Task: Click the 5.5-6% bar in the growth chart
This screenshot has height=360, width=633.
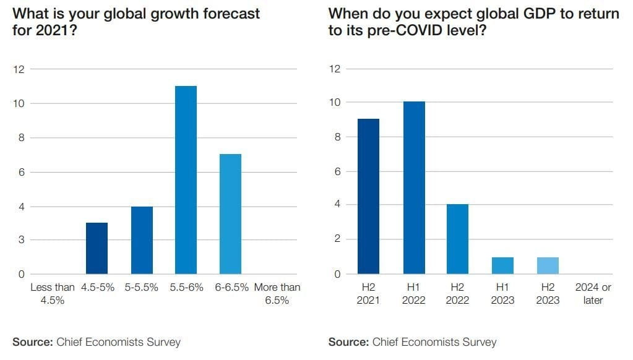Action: tap(186, 180)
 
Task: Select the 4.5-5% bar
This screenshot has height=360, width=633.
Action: tap(97, 248)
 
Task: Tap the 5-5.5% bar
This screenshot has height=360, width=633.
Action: tap(141, 240)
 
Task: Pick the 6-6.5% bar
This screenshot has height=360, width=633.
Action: tap(230, 214)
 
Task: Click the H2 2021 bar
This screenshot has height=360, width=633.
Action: tap(368, 196)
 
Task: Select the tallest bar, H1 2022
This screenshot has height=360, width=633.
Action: tap(414, 187)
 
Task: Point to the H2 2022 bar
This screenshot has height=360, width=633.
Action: tap(458, 239)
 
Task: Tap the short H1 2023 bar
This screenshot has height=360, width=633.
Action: tap(502, 265)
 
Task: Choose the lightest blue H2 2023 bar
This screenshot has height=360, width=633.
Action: tap(548, 265)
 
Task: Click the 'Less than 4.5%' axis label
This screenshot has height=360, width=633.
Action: tap(52, 294)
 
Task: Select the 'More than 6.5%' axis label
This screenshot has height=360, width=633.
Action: tap(277, 294)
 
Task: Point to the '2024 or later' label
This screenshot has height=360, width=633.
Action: tap(593, 294)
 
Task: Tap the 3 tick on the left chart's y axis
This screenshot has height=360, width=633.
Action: tap(21, 240)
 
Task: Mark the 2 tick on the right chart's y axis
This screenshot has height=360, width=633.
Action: tap(337, 239)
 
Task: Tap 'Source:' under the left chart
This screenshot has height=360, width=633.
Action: tap(32, 341)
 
